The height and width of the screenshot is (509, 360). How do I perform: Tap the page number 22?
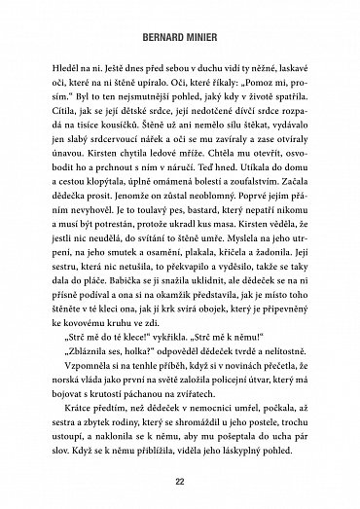tap(180, 481)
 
